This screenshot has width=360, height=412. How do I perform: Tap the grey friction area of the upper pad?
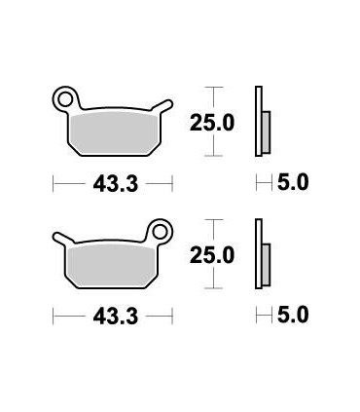point(112,131)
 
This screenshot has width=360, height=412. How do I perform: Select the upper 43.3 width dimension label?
point(113,181)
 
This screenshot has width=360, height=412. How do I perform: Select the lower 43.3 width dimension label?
point(113,315)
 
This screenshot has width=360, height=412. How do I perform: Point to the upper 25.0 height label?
point(211,122)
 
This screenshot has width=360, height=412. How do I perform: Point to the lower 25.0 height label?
point(211,255)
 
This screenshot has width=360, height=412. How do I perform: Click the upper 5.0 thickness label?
point(293,181)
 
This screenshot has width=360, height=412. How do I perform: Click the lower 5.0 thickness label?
point(293,315)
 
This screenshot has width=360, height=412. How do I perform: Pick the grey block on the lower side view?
point(267,260)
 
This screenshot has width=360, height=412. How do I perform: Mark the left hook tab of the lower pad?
point(60,237)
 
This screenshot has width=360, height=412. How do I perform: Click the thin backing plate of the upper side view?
point(258,121)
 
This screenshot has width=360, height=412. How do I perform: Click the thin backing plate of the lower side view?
point(258,253)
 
